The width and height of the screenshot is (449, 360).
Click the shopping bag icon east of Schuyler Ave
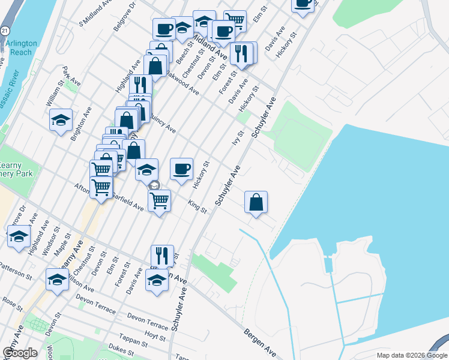[x=256, y=202]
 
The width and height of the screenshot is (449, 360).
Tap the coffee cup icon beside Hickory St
[x=181, y=169]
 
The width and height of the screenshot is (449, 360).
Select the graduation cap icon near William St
[x=61, y=120]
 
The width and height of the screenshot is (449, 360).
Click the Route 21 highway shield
[x=5, y=29]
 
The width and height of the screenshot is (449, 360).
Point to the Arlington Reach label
[x=22, y=48]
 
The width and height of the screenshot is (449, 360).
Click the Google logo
[x=19, y=352]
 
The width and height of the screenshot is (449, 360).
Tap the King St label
[x=197, y=207]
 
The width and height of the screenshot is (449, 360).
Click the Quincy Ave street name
[x=163, y=124]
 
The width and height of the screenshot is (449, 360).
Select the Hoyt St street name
[x=155, y=333]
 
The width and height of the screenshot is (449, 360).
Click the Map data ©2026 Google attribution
[x=411, y=355]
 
